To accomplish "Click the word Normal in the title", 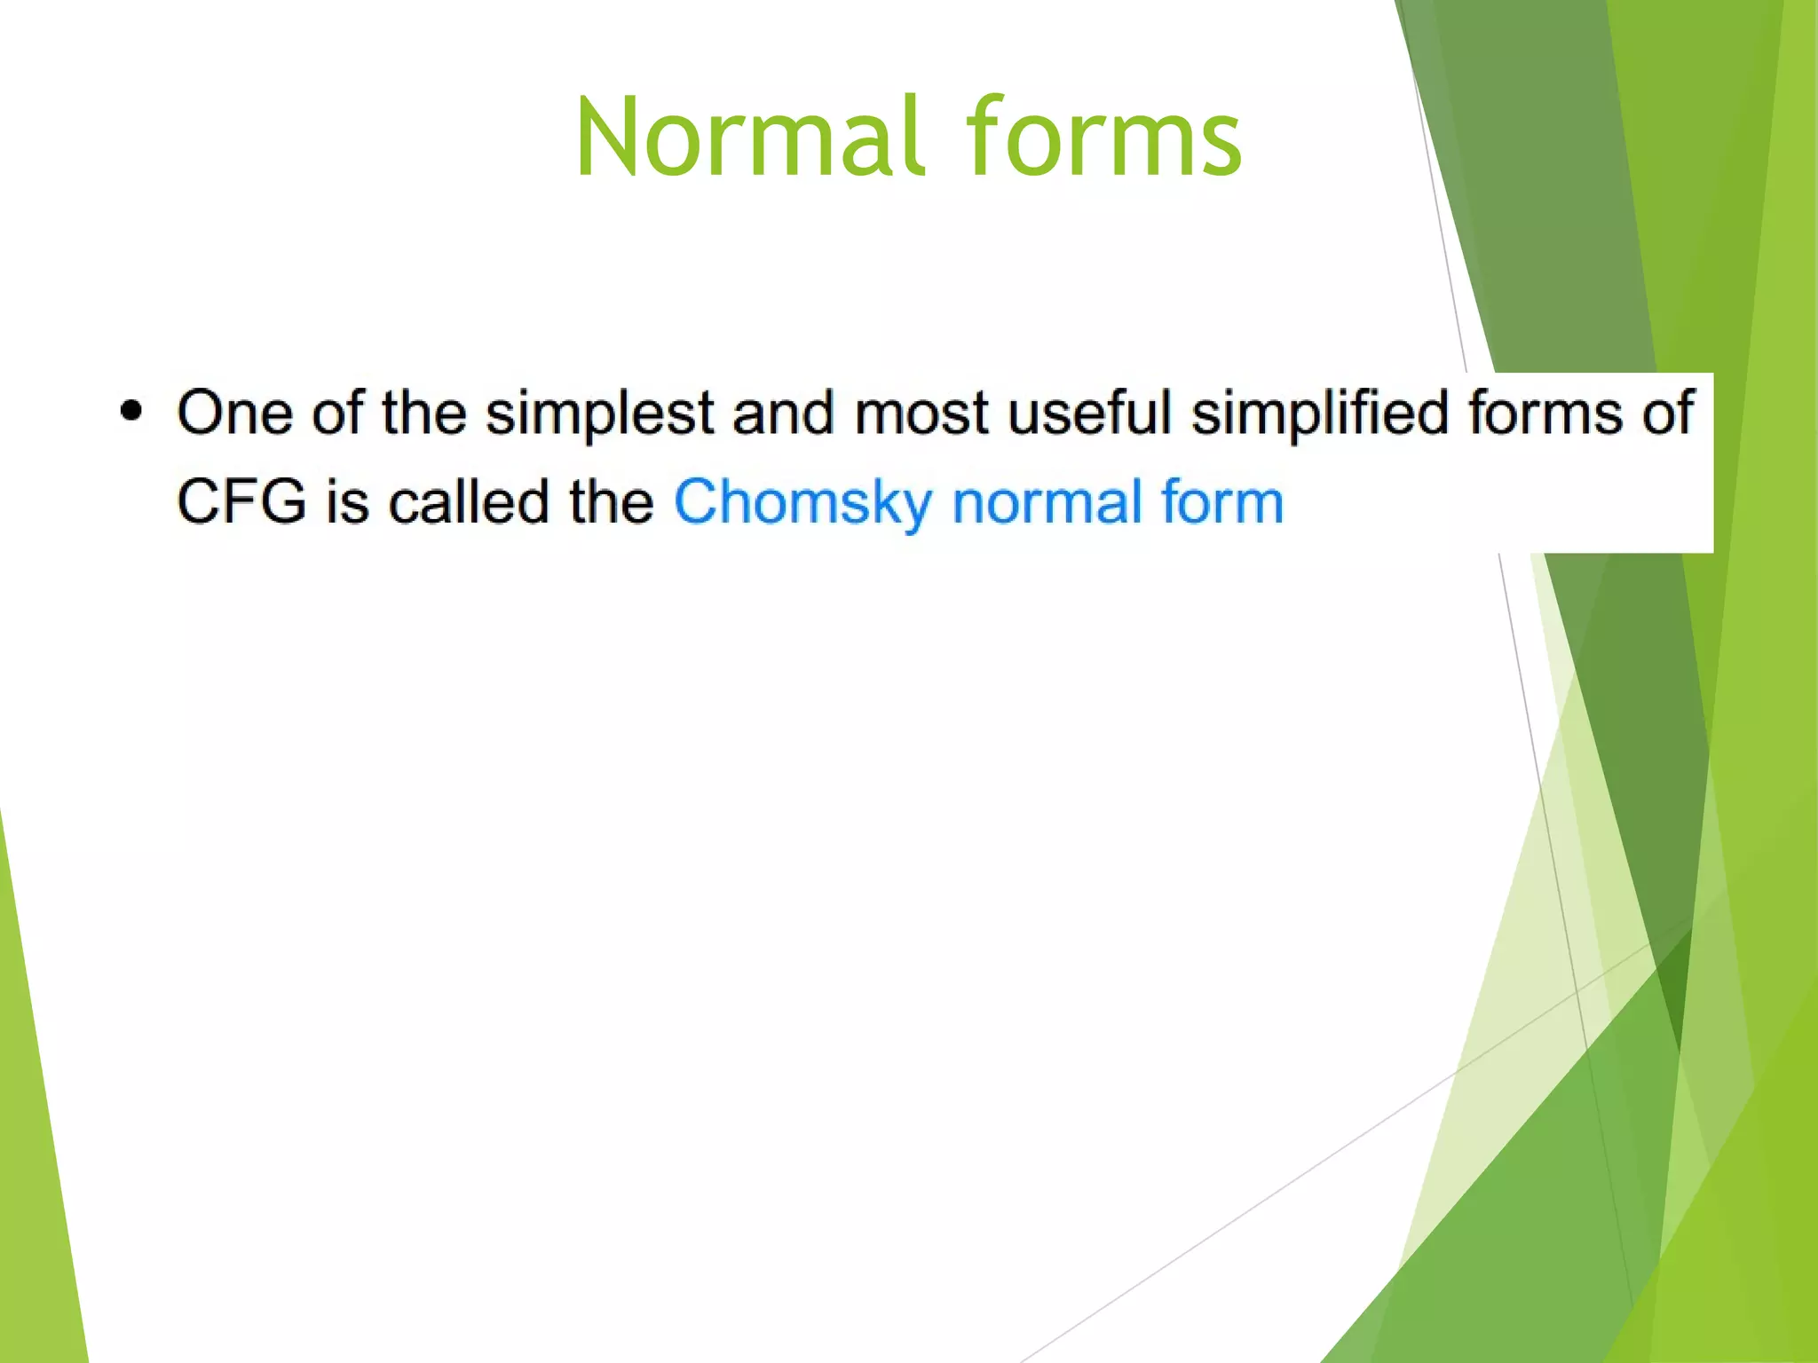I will click(x=748, y=138).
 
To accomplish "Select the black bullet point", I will click(x=131, y=411).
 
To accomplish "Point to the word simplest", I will click(x=599, y=414).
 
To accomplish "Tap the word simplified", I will click(x=1319, y=414).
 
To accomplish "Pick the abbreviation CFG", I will click(x=241, y=501).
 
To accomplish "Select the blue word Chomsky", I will click(x=802, y=503).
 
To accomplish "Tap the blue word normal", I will click(x=1047, y=501).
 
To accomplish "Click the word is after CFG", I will click(x=347, y=501).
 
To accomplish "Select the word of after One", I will click(x=337, y=413).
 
